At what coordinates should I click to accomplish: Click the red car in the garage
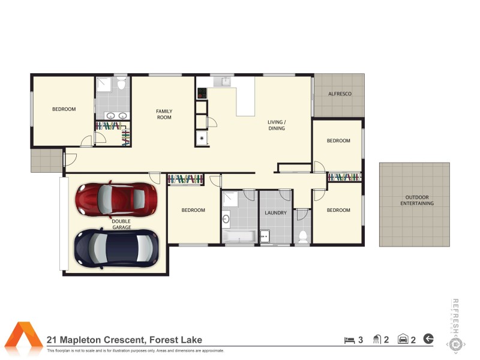pos(116,197)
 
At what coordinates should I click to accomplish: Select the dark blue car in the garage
pos(116,246)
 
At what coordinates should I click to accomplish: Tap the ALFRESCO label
pos(340,94)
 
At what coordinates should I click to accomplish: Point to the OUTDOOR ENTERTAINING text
pos(417,200)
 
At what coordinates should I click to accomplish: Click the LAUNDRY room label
pos(276,212)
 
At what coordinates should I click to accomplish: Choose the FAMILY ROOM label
pos(164,114)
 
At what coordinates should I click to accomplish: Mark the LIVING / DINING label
pos(276,125)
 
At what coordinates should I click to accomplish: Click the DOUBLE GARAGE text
pos(121,224)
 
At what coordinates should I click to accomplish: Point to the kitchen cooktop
pos(202,93)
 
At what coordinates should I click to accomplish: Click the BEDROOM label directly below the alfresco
pos(338,141)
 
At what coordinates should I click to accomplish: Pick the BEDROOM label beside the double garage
pos(193,210)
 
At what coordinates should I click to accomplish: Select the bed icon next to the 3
pos(349,340)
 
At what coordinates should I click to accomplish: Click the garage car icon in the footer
pos(403,340)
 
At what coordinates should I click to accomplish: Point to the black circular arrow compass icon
pos(428,339)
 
